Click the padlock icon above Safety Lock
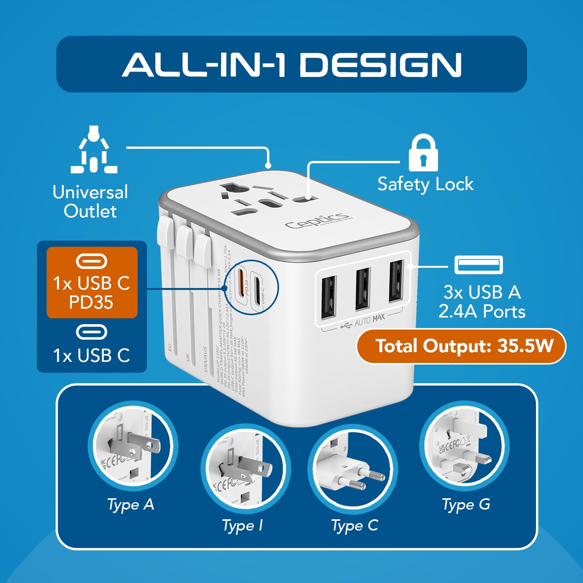[423, 153]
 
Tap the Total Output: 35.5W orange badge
[461, 346]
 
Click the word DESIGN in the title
[381, 65]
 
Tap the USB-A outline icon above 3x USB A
[478, 265]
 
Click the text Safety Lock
[425, 184]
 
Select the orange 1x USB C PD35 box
[92, 283]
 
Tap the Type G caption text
[466, 504]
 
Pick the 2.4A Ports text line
[482, 312]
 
